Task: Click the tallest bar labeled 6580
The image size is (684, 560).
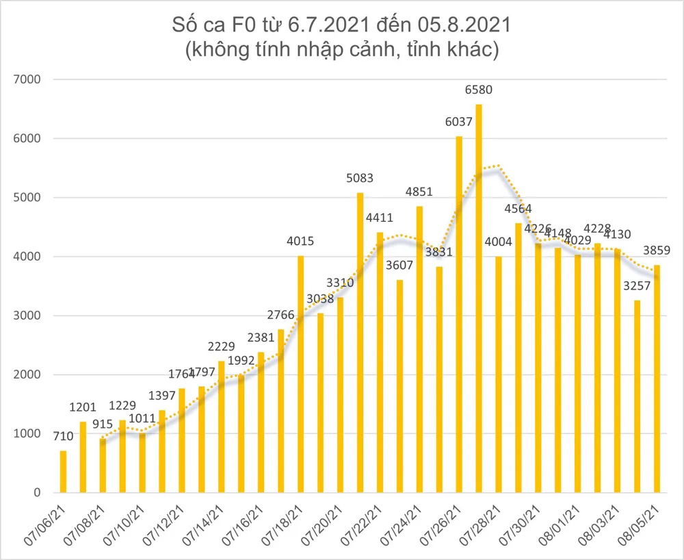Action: coord(479,298)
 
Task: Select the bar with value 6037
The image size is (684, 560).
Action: coord(459,314)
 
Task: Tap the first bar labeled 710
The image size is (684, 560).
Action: coord(64,472)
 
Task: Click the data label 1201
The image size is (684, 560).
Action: coord(83,407)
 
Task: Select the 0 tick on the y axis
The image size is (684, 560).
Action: coord(38,493)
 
